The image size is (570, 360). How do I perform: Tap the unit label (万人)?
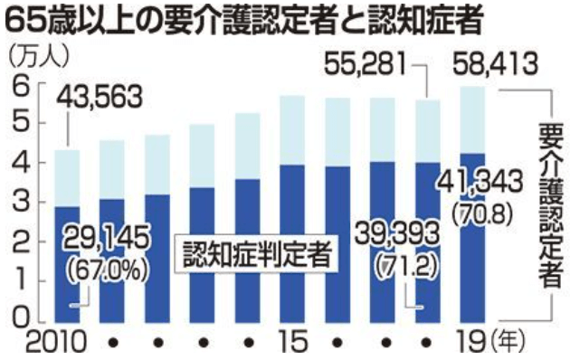37,53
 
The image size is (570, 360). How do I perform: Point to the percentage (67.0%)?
102,267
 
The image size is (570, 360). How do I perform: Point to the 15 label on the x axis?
290,344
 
